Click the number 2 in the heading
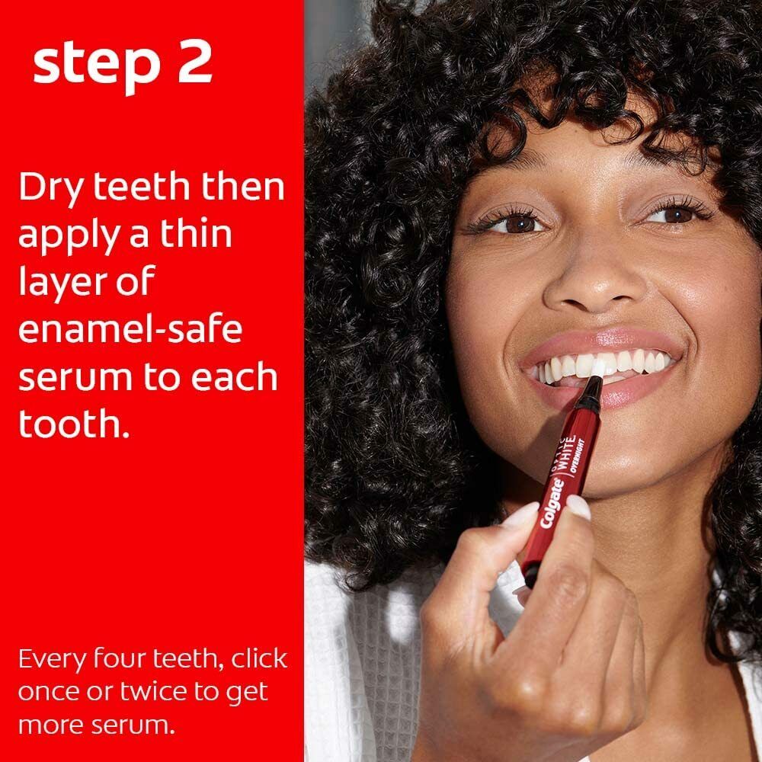pyautogui.click(x=195, y=62)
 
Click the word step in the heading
pyautogui.click(x=97, y=65)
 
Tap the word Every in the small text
pyautogui.click(x=52, y=660)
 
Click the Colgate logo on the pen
pyautogui.click(x=553, y=504)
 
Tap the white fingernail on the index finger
pyautogui.click(x=520, y=514)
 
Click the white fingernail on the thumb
pyautogui.click(x=578, y=507)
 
